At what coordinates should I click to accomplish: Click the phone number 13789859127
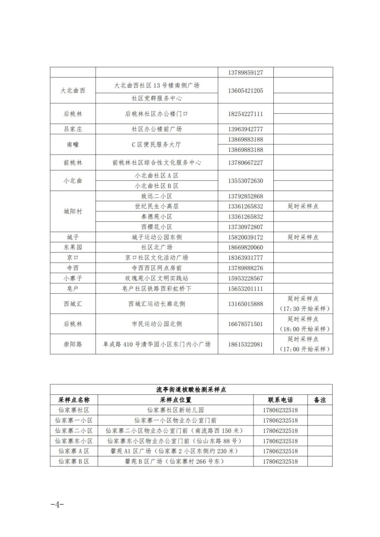[x=245, y=73]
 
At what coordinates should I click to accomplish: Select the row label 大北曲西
[x=73, y=91]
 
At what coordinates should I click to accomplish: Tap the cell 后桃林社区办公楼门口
[x=157, y=114]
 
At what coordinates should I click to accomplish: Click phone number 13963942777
[x=245, y=129]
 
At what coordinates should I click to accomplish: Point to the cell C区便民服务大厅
[x=157, y=145]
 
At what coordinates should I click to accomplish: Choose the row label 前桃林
[x=73, y=163]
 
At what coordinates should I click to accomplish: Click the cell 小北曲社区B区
[x=157, y=186]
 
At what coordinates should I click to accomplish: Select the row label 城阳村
[x=73, y=212]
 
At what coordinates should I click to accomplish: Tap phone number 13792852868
[x=245, y=196]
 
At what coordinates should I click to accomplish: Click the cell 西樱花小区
[x=157, y=227]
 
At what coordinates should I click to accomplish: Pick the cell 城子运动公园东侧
[x=157, y=237]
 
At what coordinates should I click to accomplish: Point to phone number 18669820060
[x=245, y=248]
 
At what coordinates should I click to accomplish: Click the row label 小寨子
[x=73, y=278]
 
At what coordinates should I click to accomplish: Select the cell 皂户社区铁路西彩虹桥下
[x=157, y=289]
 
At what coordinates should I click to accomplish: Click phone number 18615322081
[x=245, y=344]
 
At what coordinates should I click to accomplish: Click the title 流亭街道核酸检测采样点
[x=191, y=390]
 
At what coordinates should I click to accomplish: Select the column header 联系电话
[x=280, y=400]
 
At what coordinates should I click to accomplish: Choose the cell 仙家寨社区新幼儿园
[x=175, y=410]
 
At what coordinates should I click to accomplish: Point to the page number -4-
[x=57, y=505]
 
